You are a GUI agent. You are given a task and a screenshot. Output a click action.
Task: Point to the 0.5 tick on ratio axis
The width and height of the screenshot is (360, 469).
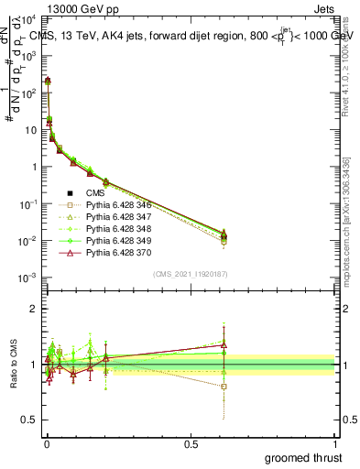point(27,420)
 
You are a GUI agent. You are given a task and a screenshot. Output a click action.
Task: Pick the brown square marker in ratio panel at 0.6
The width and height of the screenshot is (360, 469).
point(224,387)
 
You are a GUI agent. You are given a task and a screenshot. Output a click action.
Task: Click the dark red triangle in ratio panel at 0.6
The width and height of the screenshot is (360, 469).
point(224,345)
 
